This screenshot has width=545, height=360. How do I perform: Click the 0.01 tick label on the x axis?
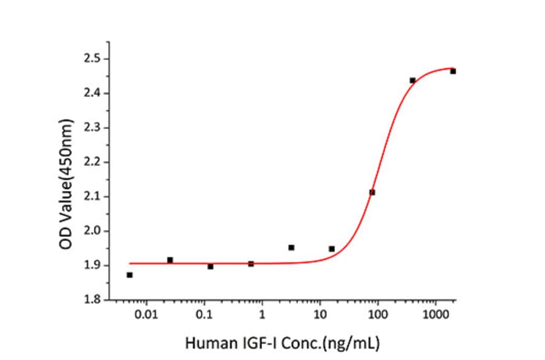coord(146,315)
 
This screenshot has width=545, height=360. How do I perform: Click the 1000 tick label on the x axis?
coord(435,315)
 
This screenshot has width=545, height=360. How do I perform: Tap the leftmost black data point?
coord(130,275)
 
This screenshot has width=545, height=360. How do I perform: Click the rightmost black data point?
coord(453,72)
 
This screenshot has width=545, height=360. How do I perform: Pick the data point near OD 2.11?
coord(372,192)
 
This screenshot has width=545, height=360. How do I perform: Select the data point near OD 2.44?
coord(412,81)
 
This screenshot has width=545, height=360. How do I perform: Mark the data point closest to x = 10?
coord(332,248)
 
